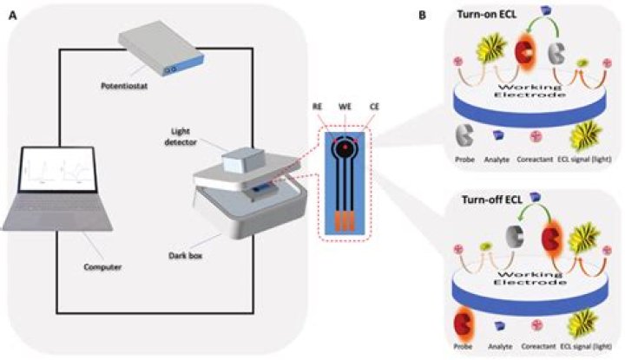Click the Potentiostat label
(x=124, y=86)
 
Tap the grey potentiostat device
(x=161, y=48)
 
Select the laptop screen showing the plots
(x=59, y=169)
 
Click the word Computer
(x=102, y=267)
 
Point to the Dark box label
(x=186, y=256)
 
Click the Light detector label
(x=181, y=136)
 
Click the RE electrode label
(x=317, y=107)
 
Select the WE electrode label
(x=345, y=107)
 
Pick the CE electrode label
(x=374, y=107)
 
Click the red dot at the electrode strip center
(x=345, y=147)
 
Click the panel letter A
(x=13, y=15)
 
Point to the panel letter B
(x=422, y=15)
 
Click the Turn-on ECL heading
(x=487, y=15)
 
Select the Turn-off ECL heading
(x=492, y=200)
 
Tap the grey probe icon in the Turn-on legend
(x=464, y=135)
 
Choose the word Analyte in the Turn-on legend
(x=497, y=160)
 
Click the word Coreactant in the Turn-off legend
(x=538, y=346)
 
